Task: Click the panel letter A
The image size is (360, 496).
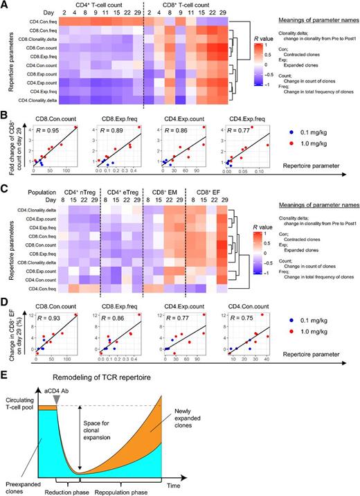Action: pos(6,6)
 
